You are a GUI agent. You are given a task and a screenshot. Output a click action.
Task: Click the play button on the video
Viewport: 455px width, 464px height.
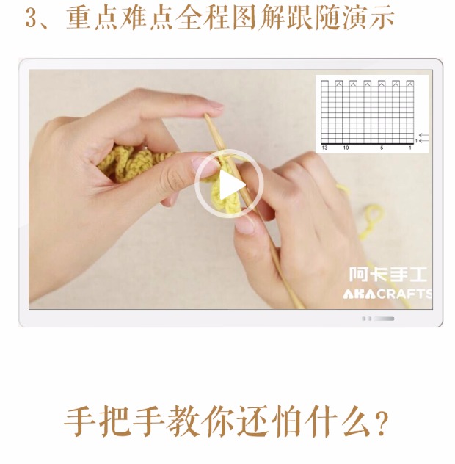click(229, 184)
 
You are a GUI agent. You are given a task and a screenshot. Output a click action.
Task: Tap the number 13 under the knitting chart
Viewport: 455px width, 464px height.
click(324, 148)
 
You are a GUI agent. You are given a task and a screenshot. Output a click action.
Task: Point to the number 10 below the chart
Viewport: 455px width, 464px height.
click(346, 148)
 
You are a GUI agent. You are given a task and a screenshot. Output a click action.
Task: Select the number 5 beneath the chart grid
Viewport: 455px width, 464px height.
click(382, 148)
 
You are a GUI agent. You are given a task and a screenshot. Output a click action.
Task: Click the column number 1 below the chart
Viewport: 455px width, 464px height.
click(410, 148)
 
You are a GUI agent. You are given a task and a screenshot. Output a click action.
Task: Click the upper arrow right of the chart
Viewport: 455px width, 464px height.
click(423, 135)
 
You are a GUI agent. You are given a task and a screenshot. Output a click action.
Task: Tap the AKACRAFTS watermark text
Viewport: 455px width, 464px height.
click(387, 294)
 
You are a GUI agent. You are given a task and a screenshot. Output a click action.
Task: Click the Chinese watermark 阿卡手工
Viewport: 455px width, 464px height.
click(387, 275)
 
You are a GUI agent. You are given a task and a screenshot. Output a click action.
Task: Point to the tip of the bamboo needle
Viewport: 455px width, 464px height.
click(205, 115)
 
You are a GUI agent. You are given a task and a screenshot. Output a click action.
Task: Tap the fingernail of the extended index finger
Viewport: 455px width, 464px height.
click(215, 105)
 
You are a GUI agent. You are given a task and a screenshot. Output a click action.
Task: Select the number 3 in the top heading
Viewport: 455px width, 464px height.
click(30, 18)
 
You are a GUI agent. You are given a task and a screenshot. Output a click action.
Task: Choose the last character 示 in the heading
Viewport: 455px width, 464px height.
click(382, 17)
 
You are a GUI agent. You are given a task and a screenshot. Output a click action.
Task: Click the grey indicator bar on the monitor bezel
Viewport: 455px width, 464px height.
click(384, 319)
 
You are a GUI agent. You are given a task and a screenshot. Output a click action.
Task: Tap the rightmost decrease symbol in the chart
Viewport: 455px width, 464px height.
click(409, 84)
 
